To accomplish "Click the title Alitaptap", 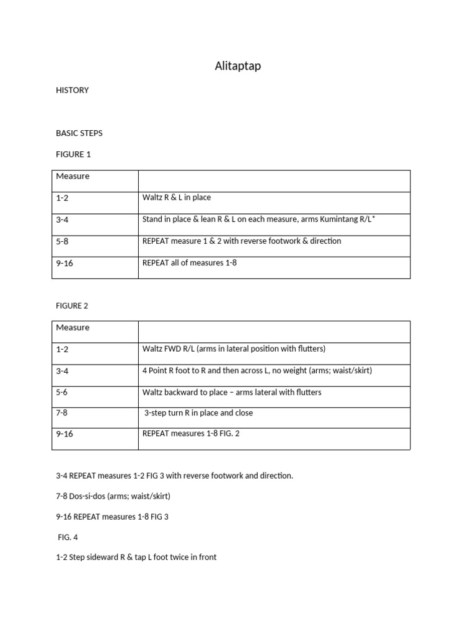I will pyautogui.click(x=238, y=66).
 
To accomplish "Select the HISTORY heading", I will pyautogui.click(x=72, y=90).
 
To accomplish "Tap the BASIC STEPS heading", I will pyautogui.click(x=79, y=133).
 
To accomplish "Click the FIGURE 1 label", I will pyautogui.click(x=73, y=154).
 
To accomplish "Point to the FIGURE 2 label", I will pyautogui.click(x=73, y=306).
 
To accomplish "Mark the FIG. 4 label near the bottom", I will pyautogui.click(x=68, y=537).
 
